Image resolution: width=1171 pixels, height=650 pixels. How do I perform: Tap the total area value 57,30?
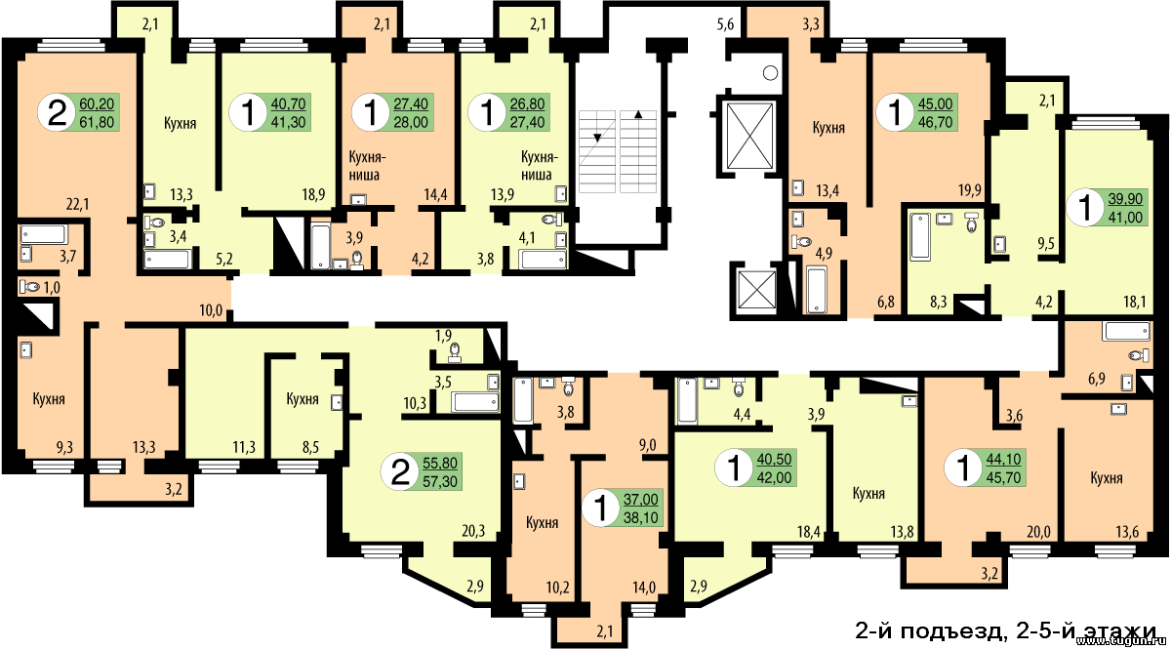click(x=440, y=481)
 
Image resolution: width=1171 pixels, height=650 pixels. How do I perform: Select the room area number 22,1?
click(x=77, y=204)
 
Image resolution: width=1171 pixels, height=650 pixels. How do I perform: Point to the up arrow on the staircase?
click(x=638, y=113)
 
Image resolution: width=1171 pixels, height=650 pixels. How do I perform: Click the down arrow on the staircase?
click(x=597, y=138)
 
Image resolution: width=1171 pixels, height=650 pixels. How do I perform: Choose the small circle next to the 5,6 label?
click(x=771, y=73)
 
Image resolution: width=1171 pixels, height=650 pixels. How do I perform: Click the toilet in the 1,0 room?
click(x=30, y=287)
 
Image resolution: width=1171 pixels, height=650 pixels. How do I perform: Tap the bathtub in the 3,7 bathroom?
click(x=44, y=234)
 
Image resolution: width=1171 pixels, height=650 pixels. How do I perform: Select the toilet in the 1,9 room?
click(x=455, y=352)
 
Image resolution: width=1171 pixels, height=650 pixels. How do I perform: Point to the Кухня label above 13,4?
click(x=828, y=128)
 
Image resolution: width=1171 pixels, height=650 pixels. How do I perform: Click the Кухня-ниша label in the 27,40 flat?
click(x=368, y=165)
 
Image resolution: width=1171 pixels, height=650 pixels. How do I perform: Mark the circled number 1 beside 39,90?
click(x=1086, y=207)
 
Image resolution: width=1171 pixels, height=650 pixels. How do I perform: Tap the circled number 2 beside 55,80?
click(x=400, y=471)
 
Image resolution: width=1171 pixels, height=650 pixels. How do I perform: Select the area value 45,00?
click(x=936, y=103)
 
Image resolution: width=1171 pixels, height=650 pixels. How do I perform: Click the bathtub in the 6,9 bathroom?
click(x=1126, y=331)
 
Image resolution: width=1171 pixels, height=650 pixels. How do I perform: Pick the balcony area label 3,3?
click(x=810, y=24)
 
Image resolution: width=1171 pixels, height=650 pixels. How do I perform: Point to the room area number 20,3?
click(x=473, y=531)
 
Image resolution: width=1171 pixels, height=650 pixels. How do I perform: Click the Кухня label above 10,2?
click(x=543, y=522)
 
